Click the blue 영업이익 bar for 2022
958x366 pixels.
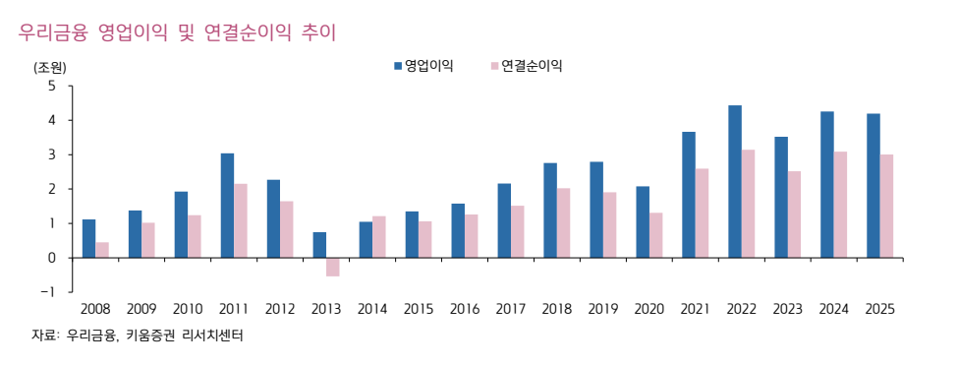pos(735,181)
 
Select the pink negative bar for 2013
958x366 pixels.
pos(333,267)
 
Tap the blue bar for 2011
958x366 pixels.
pos(227,206)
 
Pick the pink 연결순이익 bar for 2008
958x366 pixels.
pos(102,250)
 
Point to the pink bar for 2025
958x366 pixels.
pos(887,206)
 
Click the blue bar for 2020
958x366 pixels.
pos(643,221)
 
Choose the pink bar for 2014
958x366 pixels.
pos(379,237)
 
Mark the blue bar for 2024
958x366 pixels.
pos(827,184)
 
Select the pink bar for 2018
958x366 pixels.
pos(564,222)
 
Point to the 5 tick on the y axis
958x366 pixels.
pos(51,86)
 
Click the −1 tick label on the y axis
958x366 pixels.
pos(47,292)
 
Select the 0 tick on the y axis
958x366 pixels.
pos(51,258)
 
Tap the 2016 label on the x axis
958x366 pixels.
pos(464,309)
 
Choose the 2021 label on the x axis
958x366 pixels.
pos(695,309)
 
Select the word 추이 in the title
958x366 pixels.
pos(319,32)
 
